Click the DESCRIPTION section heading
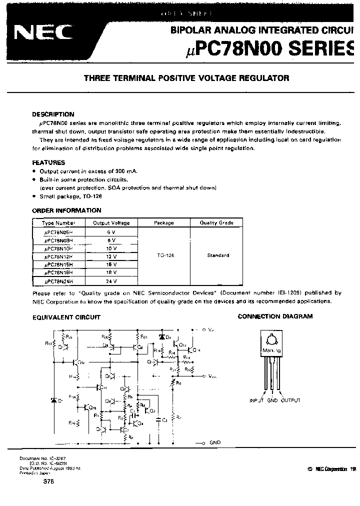coord(53,114)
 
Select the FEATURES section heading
coord(48,162)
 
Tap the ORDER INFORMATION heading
coord(66,210)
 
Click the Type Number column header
coord(59,223)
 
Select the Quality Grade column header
coord(216,223)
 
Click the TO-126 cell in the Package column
coord(163,255)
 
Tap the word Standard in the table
coord(218,255)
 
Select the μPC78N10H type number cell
coord(58,247)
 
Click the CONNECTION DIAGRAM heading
coord(275,316)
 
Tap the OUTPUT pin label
coord(291,400)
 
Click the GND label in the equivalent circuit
coord(214,442)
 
